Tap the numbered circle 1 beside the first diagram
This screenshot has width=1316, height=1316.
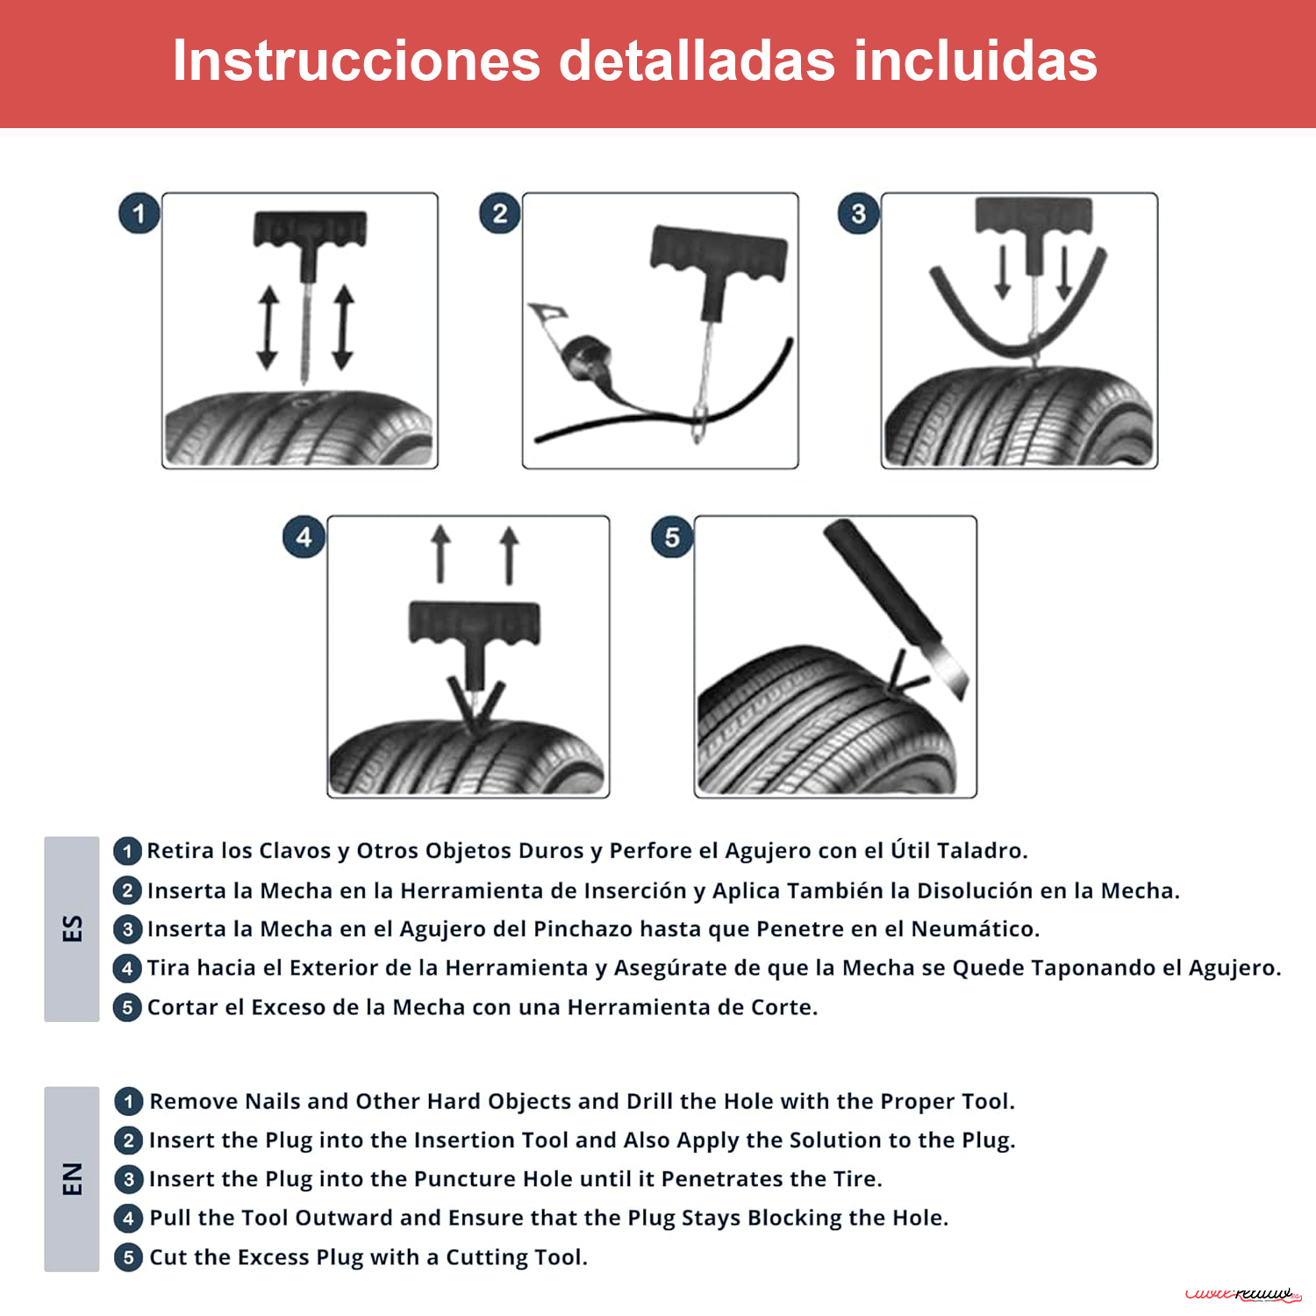tap(139, 214)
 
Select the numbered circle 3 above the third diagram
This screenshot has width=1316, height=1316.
tap(858, 214)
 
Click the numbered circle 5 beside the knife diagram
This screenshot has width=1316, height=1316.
tap(671, 537)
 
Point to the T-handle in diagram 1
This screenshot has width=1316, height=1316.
tap(310, 230)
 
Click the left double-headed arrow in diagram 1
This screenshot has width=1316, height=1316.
tap(268, 327)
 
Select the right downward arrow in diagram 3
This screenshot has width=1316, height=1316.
tap(1063, 273)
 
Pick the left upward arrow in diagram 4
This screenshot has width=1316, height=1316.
tap(440, 554)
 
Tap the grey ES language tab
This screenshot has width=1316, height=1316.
tap(72, 928)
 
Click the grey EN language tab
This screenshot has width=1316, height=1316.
tap(72, 1178)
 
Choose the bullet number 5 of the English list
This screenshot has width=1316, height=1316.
tap(128, 1257)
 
